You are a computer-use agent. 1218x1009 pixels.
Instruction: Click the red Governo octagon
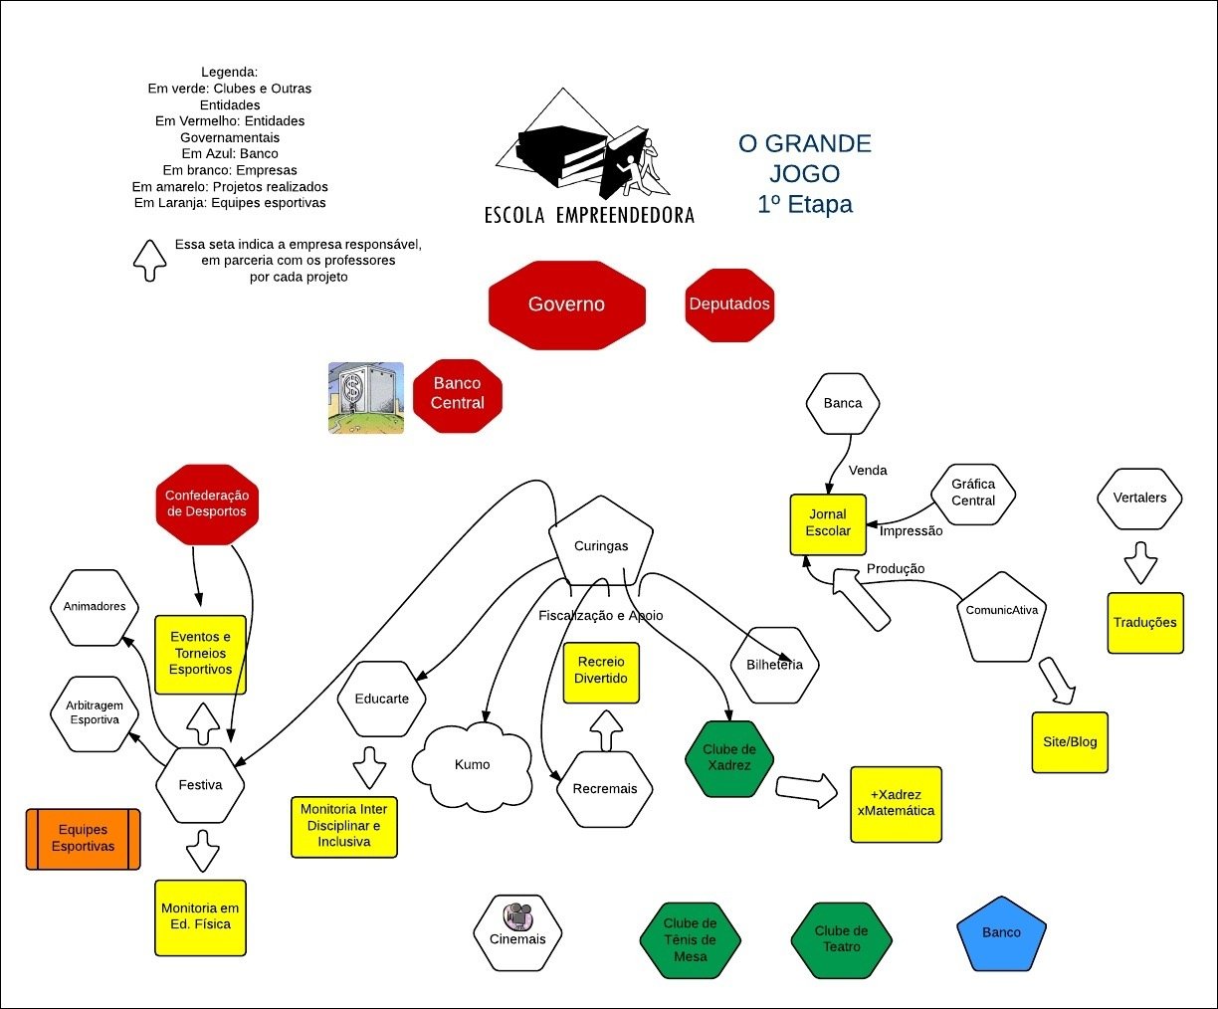(566, 304)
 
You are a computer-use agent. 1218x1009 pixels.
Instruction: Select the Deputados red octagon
(729, 304)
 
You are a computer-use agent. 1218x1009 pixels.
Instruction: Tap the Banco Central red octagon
(458, 394)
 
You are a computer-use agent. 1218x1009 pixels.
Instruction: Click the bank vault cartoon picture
(366, 398)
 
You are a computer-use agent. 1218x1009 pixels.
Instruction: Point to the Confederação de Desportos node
(207, 504)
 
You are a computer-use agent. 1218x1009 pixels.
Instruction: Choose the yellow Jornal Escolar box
(828, 523)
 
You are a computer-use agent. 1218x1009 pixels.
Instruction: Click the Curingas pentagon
(601, 545)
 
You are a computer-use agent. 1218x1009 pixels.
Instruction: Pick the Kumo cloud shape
(473, 764)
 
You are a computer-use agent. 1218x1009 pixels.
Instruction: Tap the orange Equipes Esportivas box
(83, 839)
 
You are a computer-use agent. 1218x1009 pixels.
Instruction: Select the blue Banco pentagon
(1001, 933)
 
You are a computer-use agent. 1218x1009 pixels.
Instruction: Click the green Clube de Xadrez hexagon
(729, 758)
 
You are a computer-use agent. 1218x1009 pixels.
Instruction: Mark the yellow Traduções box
(1145, 623)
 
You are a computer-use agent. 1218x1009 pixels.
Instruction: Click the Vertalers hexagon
(1139, 498)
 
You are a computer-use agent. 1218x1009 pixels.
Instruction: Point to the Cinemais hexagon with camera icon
(518, 932)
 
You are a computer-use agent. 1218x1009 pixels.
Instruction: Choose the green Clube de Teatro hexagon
(841, 939)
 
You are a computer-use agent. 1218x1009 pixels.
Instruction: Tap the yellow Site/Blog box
(1070, 742)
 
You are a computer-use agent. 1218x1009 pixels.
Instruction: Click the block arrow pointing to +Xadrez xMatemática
(806, 789)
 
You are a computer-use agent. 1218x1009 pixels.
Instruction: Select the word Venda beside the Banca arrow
(868, 471)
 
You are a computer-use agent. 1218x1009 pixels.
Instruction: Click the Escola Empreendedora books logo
(588, 149)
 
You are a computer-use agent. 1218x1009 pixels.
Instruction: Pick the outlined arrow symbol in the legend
(150, 261)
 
